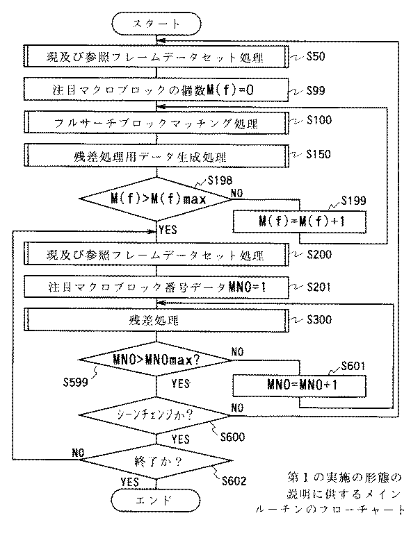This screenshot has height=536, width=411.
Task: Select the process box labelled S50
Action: coord(156,56)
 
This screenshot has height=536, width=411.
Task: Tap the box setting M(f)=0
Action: coord(156,90)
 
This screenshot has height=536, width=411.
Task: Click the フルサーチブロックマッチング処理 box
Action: coord(156,122)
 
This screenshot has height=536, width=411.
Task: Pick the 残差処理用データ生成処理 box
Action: coord(156,154)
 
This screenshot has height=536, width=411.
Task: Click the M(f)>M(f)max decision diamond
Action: coord(156,199)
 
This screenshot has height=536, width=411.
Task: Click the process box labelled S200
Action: coord(156,254)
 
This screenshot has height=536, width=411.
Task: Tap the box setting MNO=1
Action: coord(156,286)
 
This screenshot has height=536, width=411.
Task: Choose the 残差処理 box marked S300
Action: coord(156,320)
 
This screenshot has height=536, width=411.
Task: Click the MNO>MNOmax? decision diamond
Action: coord(156,360)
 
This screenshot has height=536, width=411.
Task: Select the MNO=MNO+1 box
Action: coord(299,383)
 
